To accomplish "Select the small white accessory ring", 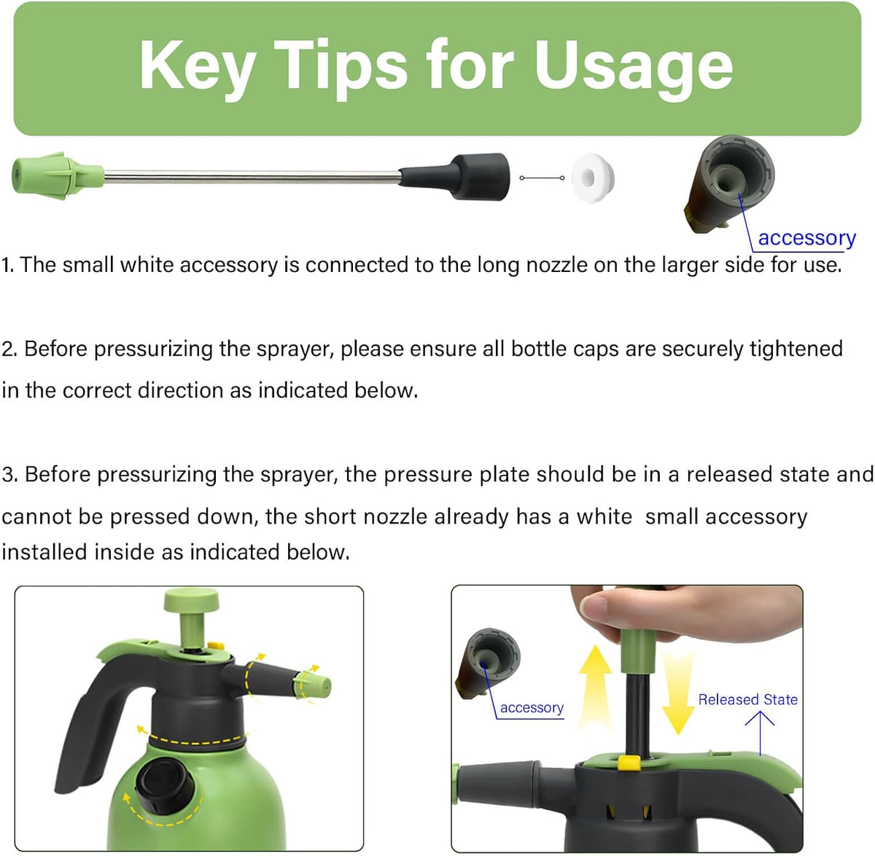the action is coord(593,178).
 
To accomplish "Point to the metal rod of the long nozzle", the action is coord(252,176).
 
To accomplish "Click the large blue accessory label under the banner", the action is coord(806,238).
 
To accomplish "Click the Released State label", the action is coord(747,699).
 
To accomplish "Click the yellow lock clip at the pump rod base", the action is coord(629,763).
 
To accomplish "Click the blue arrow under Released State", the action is coord(760,733).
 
